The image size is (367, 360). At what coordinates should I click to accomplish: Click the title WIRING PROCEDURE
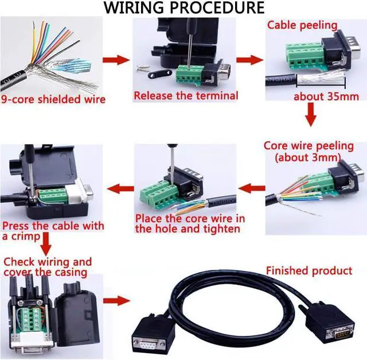click(183, 8)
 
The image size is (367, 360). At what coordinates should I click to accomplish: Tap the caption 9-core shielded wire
click(53, 99)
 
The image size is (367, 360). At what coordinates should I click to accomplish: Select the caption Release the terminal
click(185, 95)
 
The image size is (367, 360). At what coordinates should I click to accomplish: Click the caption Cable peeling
click(302, 25)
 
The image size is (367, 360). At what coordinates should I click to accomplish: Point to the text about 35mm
click(326, 96)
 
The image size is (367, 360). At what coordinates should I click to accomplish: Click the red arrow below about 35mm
click(310, 115)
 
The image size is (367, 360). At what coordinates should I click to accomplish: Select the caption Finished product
click(309, 270)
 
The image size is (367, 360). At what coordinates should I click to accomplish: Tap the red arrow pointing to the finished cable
click(118, 300)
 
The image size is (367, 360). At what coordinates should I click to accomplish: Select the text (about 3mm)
click(308, 157)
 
